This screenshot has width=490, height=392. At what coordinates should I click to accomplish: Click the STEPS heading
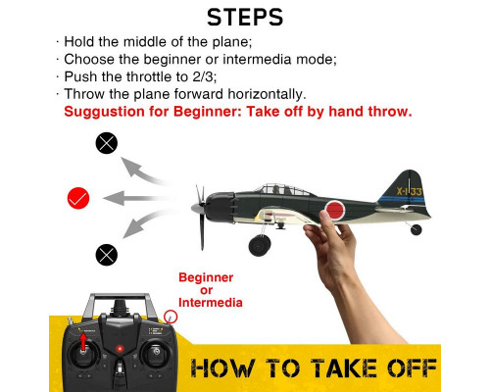click(x=245, y=18)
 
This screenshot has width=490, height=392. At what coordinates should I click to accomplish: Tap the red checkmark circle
click(x=78, y=198)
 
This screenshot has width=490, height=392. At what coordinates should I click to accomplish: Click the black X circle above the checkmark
click(x=107, y=143)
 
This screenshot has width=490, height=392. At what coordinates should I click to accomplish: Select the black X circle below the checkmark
click(x=107, y=255)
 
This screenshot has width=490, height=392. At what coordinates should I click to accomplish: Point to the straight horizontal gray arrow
click(x=137, y=198)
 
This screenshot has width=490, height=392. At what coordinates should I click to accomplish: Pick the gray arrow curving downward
click(x=145, y=223)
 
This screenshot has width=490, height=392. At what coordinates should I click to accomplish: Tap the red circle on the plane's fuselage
click(x=335, y=210)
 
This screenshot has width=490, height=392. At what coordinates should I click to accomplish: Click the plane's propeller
click(x=200, y=216)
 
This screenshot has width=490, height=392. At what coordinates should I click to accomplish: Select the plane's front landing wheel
click(x=260, y=245)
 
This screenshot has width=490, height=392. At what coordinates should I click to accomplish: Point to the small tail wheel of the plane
click(x=416, y=229)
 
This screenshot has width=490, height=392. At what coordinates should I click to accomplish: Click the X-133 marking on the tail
click(x=410, y=191)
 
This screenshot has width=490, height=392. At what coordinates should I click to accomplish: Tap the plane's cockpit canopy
click(x=281, y=189)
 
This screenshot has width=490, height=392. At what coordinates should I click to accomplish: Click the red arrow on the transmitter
click(x=83, y=341)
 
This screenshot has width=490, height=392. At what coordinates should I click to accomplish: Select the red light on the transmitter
click(x=120, y=349)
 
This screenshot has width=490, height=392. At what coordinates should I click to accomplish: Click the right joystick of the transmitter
click(x=157, y=352)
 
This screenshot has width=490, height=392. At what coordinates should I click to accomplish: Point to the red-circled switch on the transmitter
click(x=171, y=317)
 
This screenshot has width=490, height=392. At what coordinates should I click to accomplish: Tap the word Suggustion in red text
click(x=104, y=112)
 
